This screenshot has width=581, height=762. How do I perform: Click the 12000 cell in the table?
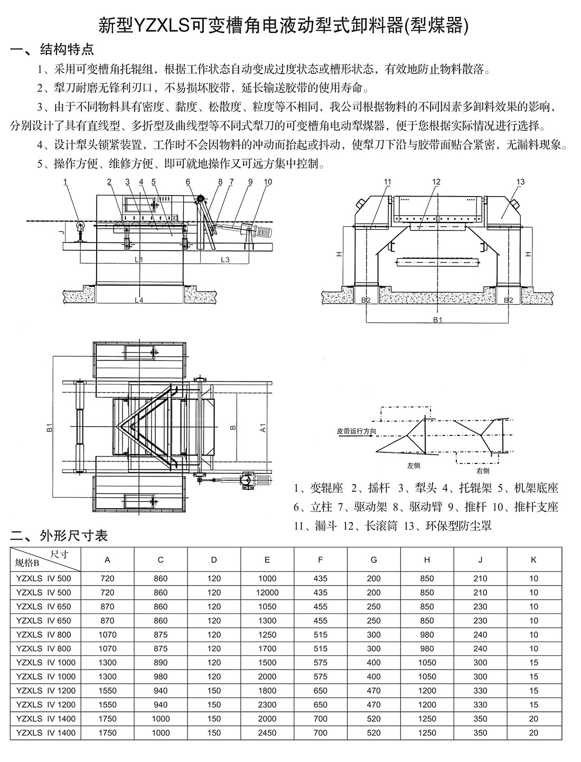coord(267,592)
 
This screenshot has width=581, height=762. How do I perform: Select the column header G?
coord(373,560)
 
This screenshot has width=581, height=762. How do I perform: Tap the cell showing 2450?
coord(267,733)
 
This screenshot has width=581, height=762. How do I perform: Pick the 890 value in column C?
coord(161,663)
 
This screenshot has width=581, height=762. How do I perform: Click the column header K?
coord(533,560)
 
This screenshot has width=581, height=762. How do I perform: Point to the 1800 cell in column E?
coord(267,691)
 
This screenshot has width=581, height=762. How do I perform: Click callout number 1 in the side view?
coord(65,182)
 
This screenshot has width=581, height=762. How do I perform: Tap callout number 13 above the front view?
coord(520,182)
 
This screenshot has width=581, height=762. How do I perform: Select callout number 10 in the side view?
coord(268,182)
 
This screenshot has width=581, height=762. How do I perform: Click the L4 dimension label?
coord(139,301)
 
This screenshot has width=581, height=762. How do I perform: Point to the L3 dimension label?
coord(225,259)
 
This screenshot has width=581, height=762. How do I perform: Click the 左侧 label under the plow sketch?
coord(414,466)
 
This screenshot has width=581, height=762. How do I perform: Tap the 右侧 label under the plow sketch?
coord(482,470)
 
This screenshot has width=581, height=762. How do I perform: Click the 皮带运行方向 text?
coord(357,431)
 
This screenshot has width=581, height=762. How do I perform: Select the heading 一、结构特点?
coord(53,50)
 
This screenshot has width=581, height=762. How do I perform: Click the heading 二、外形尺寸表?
coord(59,536)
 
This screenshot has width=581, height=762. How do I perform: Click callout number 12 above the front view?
coord(436,182)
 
